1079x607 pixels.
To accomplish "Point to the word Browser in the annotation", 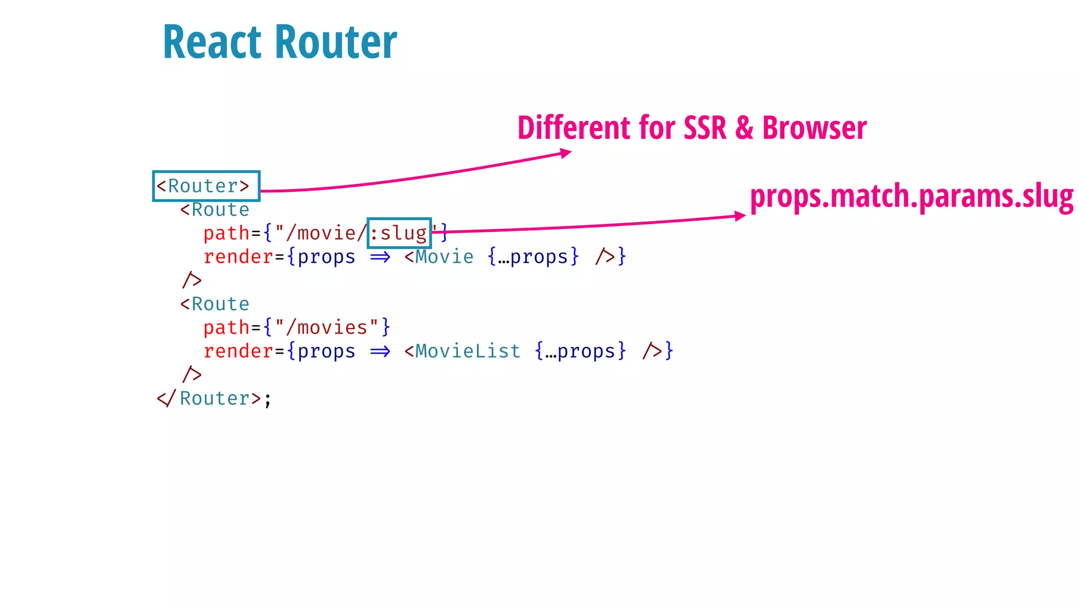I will [814, 128].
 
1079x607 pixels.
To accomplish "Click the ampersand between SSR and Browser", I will [744, 128].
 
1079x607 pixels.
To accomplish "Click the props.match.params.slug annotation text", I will [911, 197].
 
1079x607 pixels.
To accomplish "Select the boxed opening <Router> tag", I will [206, 186].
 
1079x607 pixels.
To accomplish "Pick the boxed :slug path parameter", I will [399, 233].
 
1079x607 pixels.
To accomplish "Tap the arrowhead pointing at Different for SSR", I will [566, 153].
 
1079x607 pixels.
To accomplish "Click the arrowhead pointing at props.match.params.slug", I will [740, 216].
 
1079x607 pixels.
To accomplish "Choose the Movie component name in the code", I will [445, 257].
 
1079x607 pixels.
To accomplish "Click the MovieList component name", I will [468, 351].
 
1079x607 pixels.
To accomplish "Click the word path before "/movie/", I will [227, 233].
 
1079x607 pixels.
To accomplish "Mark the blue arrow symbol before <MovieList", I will [380, 351].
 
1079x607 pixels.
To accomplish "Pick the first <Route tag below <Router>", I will [215, 210].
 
